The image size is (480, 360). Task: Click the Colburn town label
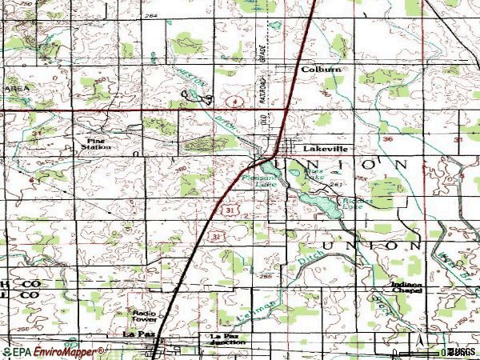click(321, 70)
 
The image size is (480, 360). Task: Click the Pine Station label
click(98, 143)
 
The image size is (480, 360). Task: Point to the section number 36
click(388, 139)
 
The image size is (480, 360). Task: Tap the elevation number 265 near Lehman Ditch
click(265, 276)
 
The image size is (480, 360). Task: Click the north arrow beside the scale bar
click(418, 342)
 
